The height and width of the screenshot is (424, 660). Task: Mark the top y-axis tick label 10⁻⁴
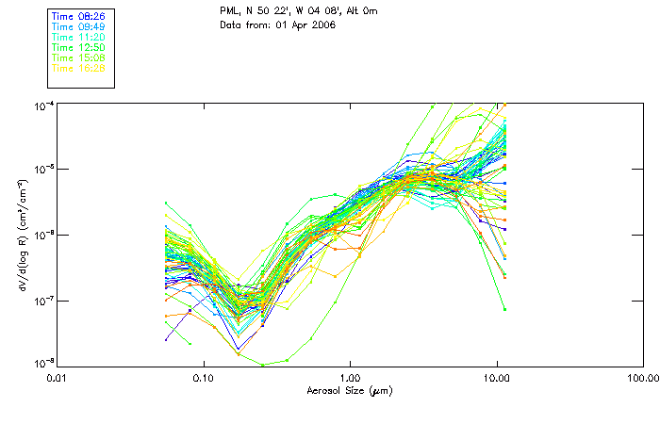coord(43,104)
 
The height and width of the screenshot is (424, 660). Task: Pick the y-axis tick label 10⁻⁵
coord(43,170)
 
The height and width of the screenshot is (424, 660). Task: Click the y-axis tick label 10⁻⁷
coord(43,301)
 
